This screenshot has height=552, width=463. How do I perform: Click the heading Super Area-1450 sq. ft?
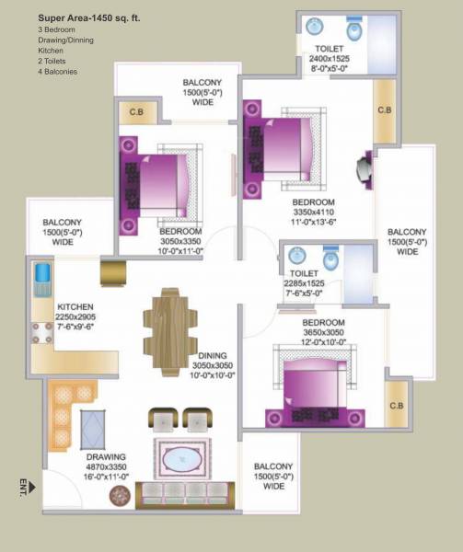click(75, 17)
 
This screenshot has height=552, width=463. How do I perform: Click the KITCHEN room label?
click(75, 306)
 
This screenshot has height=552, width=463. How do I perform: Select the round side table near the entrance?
click(119, 497)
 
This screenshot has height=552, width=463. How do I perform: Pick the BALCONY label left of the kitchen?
click(62, 223)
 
